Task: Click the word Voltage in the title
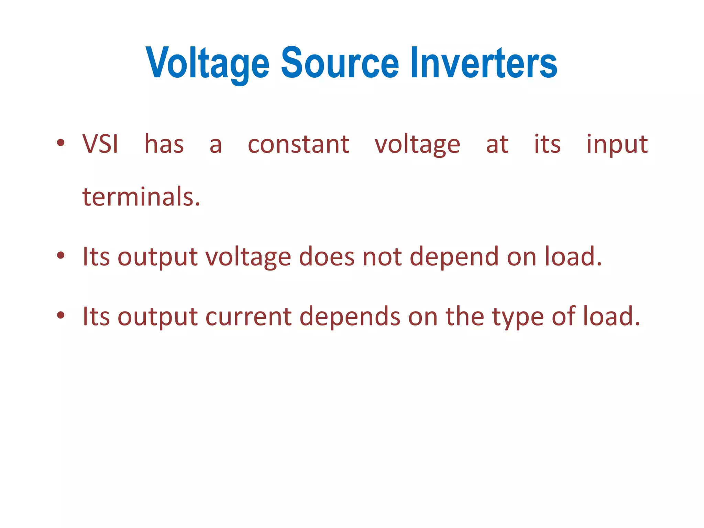207,64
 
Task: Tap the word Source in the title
340,63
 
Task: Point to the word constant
298,144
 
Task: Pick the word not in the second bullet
382,257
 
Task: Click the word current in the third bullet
249,317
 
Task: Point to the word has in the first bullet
164,144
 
